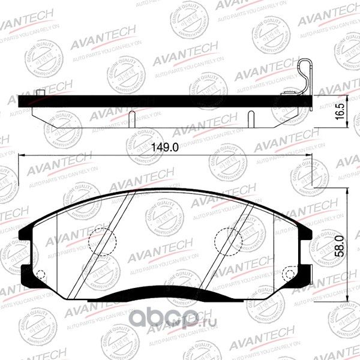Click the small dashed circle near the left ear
point(41,276)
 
